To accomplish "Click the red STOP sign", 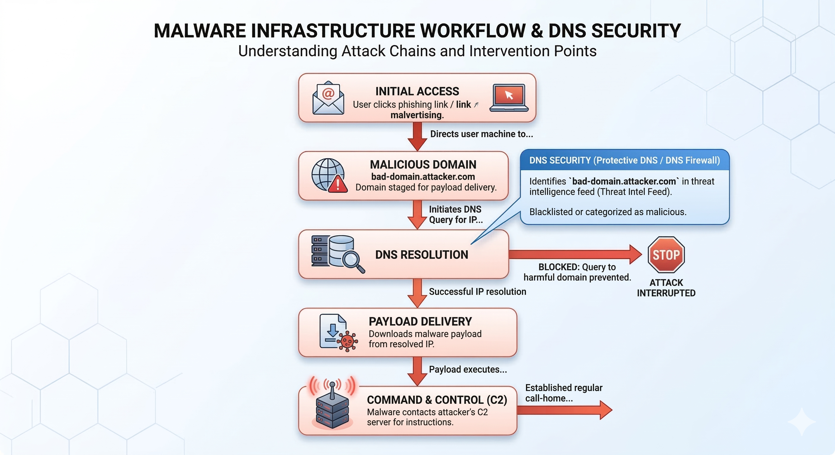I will pyautogui.click(x=666, y=254).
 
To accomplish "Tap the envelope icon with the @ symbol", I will pyautogui.click(x=328, y=98).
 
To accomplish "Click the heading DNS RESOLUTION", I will pyautogui.click(x=421, y=255).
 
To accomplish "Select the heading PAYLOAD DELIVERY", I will pyautogui.click(x=420, y=322).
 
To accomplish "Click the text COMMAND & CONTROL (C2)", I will pyautogui.click(x=436, y=400).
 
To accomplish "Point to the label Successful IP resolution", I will pyautogui.click(x=477, y=292).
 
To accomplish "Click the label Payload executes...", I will pyautogui.click(x=467, y=369).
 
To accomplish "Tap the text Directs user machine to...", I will pyautogui.click(x=481, y=134).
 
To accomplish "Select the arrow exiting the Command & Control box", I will pyautogui.click(x=564, y=410).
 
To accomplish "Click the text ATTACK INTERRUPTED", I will pyautogui.click(x=666, y=288).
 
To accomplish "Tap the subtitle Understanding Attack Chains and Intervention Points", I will pyautogui.click(x=417, y=51).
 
